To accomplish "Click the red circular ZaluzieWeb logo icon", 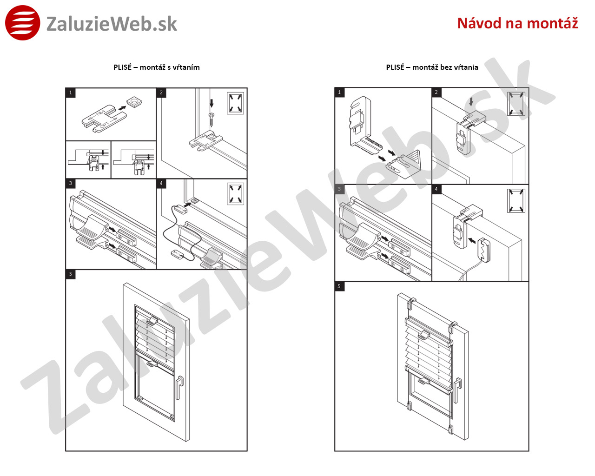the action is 23,23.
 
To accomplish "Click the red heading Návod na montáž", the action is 517,23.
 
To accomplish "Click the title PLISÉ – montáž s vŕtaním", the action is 157,67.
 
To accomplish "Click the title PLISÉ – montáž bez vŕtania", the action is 432,67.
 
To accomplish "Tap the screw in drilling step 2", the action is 212,119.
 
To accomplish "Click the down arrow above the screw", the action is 212,103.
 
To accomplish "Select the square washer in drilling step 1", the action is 134,102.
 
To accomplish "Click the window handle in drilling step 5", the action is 179,387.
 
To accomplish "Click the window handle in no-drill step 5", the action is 457,390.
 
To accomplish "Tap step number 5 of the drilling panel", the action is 71,274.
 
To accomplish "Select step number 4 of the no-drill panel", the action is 436,189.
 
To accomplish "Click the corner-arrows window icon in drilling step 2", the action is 235,103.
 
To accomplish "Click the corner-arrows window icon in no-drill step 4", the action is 516,200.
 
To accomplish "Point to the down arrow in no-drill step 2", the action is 471,101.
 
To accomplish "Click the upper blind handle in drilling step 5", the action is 152,321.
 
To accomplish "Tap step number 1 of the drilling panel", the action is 71,93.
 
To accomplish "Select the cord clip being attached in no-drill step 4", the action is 483,250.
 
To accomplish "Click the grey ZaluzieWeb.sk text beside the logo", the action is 112,24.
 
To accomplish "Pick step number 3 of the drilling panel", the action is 71,183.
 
